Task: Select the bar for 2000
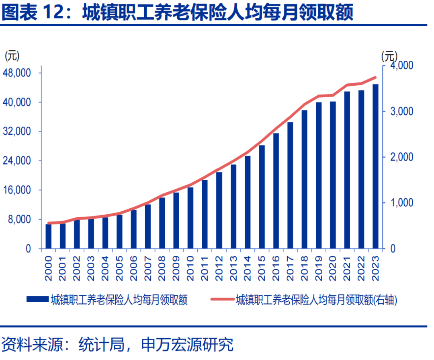tap(49, 237)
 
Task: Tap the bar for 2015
tap(262, 197)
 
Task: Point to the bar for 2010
tap(190, 218)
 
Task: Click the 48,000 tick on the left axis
tap(18, 73)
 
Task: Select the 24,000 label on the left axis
tap(18, 161)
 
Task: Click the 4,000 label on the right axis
tap(402, 65)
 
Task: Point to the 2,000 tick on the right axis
tap(402, 157)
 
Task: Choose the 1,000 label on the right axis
tap(402, 203)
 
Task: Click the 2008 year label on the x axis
tap(162, 267)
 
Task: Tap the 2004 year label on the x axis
tap(105, 267)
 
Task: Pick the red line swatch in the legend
tap(222, 299)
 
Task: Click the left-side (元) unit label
tap(12, 56)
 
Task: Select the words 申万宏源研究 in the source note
tap(188, 345)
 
